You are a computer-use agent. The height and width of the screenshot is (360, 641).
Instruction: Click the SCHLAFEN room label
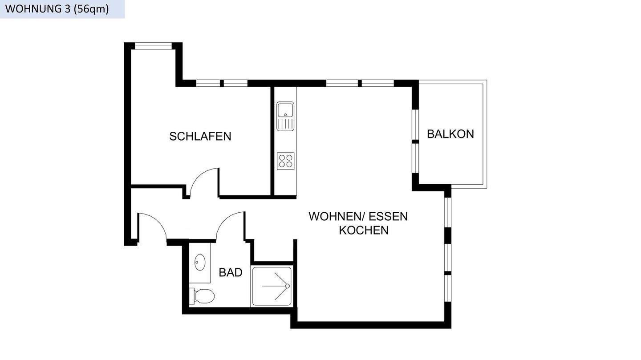[200, 136]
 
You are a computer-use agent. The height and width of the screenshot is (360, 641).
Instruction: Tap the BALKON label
[450, 134]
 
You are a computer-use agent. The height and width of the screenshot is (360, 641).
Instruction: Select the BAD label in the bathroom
[230, 272]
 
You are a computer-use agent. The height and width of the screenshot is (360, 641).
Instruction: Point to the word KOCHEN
[363, 231]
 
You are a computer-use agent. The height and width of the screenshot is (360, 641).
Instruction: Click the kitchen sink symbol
[285, 116]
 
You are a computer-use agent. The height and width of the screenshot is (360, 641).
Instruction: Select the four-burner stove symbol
[285, 160]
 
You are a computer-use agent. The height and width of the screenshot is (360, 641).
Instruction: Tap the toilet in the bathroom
[203, 295]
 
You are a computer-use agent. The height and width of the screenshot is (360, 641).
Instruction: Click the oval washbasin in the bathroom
[200, 263]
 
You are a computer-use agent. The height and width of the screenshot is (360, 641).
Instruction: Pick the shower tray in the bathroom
[272, 286]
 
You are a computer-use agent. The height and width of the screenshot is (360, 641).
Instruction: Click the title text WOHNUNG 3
[37, 9]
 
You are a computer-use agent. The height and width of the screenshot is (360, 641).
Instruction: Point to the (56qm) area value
[91, 9]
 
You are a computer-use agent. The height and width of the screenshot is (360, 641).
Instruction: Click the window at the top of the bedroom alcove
[153, 45]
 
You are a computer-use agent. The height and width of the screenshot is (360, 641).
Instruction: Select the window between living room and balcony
[415, 141]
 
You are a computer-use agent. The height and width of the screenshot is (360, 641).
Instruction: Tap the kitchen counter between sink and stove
[285, 142]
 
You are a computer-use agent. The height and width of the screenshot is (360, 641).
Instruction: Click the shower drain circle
[288, 286]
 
